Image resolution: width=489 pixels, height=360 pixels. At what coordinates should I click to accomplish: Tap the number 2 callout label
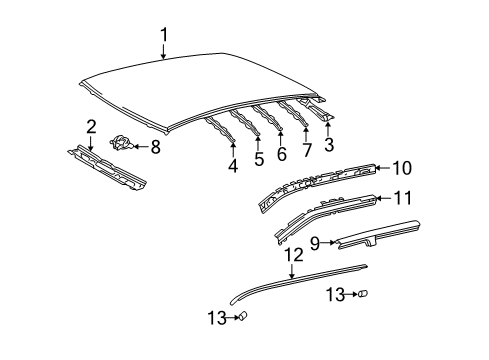point(90,126)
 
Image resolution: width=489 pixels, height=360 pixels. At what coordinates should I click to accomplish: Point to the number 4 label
point(232,166)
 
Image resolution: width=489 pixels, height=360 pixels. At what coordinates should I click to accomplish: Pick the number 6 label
point(281,154)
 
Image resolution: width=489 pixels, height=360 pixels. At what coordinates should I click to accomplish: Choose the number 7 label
point(305,150)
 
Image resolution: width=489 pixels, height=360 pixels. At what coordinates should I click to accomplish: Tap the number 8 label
point(155,147)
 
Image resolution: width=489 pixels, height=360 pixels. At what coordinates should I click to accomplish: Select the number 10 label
point(400,169)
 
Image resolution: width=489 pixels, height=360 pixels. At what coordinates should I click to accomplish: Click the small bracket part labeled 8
point(124,145)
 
